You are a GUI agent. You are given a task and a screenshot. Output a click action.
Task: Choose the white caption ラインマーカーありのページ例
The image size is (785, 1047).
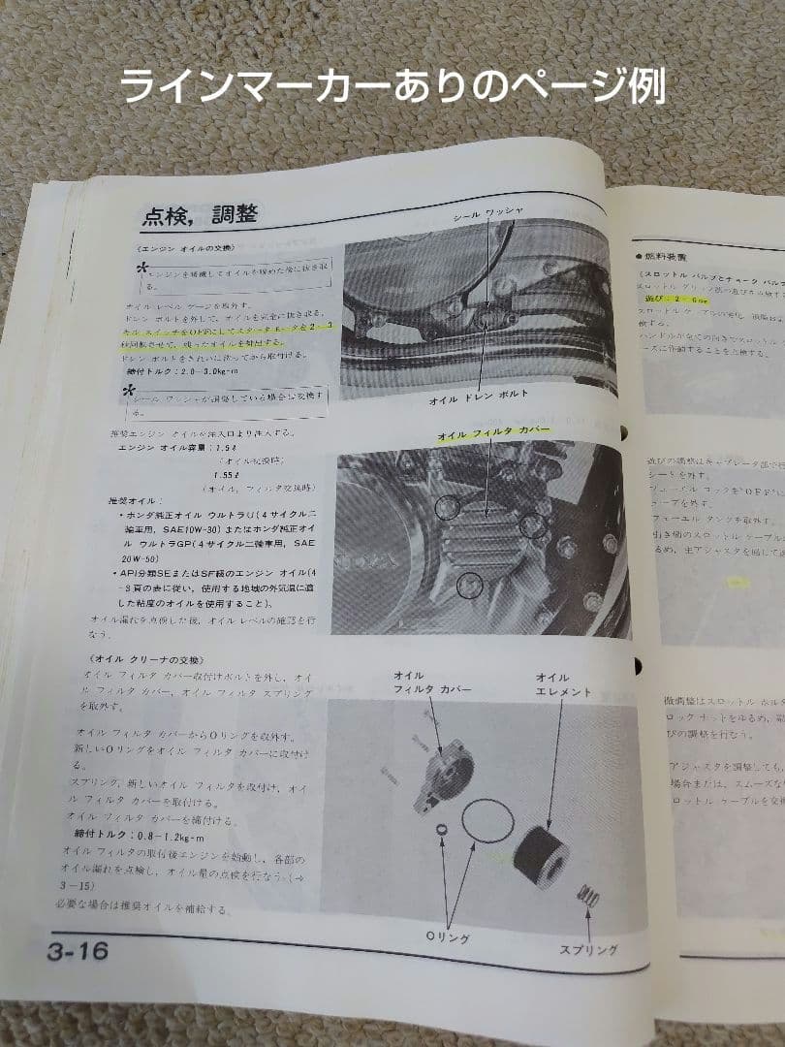[392, 86]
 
